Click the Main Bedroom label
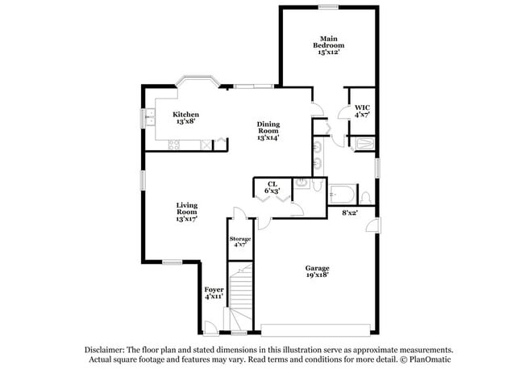pyautogui.click(x=327, y=45)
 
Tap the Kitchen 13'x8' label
pyautogui.click(x=185, y=118)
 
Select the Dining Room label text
pyautogui.click(x=268, y=131)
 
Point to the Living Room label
pyautogui.click(x=187, y=212)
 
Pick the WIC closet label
pyautogui.click(x=362, y=111)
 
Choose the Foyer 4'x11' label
pyautogui.click(x=214, y=292)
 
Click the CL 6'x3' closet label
pyautogui.click(x=272, y=187)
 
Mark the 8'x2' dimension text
pyautogui.click(x=350, y=212)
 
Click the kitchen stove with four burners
pyautogui.click(x=173, y=145)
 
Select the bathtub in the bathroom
pyautogui.click(x=342, y=195)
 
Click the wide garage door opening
pyautogui.click(x=318, y=328)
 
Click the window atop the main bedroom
pyautogui.click(x=327, y=7)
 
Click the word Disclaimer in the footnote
pyautogui.click(x=107, y=349)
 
